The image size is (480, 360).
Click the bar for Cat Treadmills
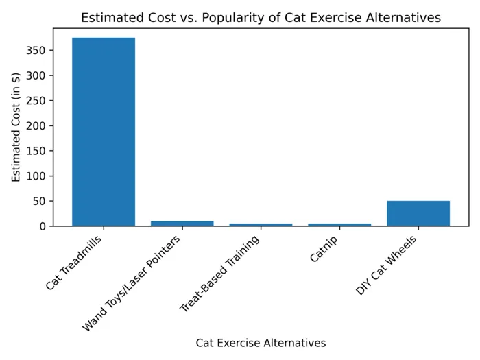104,132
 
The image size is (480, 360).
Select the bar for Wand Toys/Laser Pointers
182,224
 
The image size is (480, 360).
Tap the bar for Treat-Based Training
261,224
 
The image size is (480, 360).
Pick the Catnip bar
339,224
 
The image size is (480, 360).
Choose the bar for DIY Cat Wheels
418,213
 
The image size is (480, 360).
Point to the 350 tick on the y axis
37,50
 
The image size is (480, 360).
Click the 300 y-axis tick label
37,75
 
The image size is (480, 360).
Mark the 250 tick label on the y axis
37,101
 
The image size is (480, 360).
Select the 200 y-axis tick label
37,126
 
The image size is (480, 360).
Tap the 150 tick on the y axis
37,151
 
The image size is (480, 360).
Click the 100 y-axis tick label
37,176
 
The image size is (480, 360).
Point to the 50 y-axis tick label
40,202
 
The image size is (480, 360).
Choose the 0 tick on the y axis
43,226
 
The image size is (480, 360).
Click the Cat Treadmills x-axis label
75,263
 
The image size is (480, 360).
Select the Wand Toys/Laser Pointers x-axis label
132,283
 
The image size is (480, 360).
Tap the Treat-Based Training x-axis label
221,273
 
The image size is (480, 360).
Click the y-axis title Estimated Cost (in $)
16,128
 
